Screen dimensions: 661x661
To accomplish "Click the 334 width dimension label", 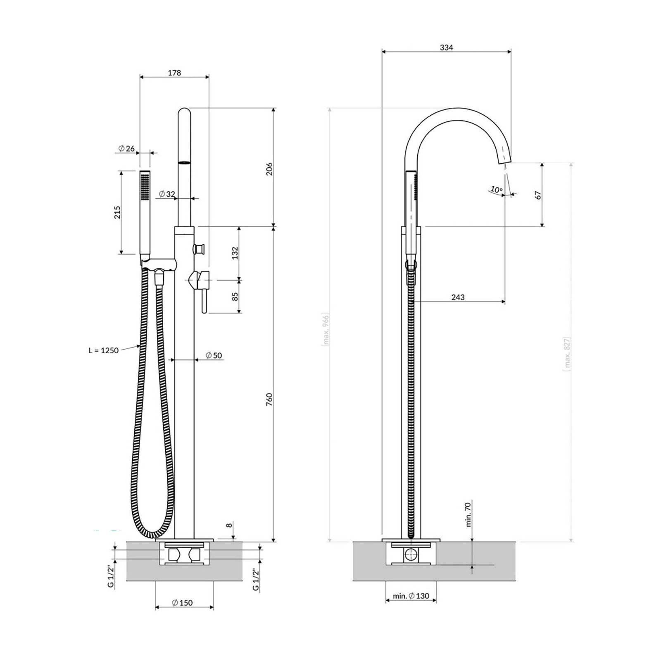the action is pyautogui.click(x=446, y=48).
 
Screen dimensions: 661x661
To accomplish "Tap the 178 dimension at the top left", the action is pyautogui.click(x=174, y=73).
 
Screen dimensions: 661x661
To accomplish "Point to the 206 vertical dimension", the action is pyautogui.click(x=269, y=169).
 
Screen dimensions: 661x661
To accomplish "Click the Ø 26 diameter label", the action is pyautogui.click(x=126, y=148).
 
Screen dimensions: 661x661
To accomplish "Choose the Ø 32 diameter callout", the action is pyautogui.click(x=167, y=194).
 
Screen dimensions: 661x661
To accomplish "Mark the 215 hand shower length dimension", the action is pyautogui.click(x=117, y=212).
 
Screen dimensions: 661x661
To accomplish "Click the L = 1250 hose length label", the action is pyautogui.click(x=103, y=350).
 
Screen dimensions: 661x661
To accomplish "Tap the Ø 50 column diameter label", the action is pyautogui.click(x=214, y=355).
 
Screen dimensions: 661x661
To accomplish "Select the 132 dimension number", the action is pyautogui.click(x=235, y=253).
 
